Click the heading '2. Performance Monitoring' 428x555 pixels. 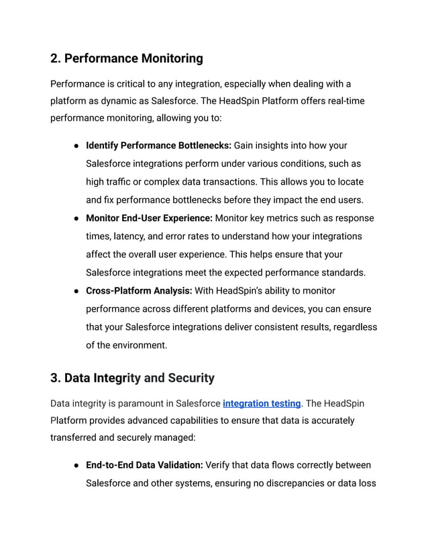click(x=126, y=58)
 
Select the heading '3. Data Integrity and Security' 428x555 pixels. click(x=132, y=378)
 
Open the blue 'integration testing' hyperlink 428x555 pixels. click(x=262, y=404)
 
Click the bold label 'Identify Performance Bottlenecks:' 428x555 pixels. click(x=158, y=145)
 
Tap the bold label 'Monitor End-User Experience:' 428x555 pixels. click(x=149, y=218)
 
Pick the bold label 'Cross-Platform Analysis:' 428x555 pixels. click(x=139, y=290)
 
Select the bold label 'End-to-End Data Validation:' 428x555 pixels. click(x=144, y=465)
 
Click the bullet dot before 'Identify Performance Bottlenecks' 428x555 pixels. click(x=76, y=146)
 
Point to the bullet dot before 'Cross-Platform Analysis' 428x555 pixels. click(x=76, y=291)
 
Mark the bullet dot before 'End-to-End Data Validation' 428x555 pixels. click(x=76, y=466)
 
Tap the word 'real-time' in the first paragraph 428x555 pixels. click(x=343, y=102)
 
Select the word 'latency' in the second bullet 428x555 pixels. click(x=133, y=237)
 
